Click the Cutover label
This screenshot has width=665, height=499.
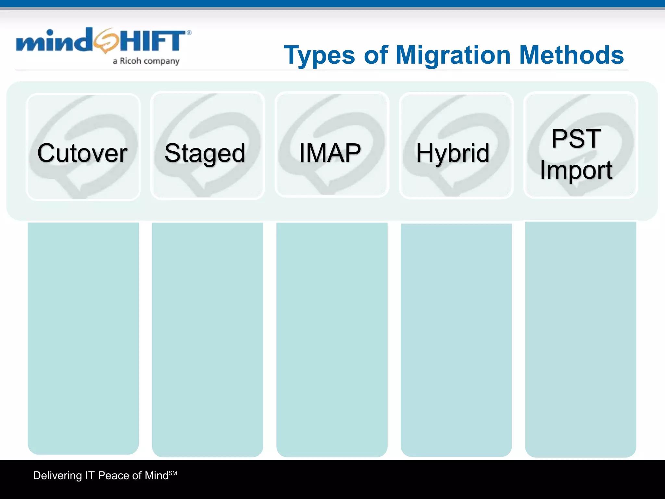tap(82, 153)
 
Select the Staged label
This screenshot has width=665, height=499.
tap(205, 153)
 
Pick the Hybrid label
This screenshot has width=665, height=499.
tap(453, 153)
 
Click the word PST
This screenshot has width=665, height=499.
tap(576, 139)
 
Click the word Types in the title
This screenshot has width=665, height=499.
tap(320, 55)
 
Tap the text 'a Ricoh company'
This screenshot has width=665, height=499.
tap(146, 61)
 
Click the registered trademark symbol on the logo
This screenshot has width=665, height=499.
tap(189, 32)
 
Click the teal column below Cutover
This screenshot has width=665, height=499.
tap(83, 338)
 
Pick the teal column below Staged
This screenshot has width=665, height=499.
tap(207, 339)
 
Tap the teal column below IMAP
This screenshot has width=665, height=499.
tap(332, 339)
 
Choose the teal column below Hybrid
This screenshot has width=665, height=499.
tap(456, 339)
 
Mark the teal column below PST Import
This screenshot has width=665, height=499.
tap(581, 339)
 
